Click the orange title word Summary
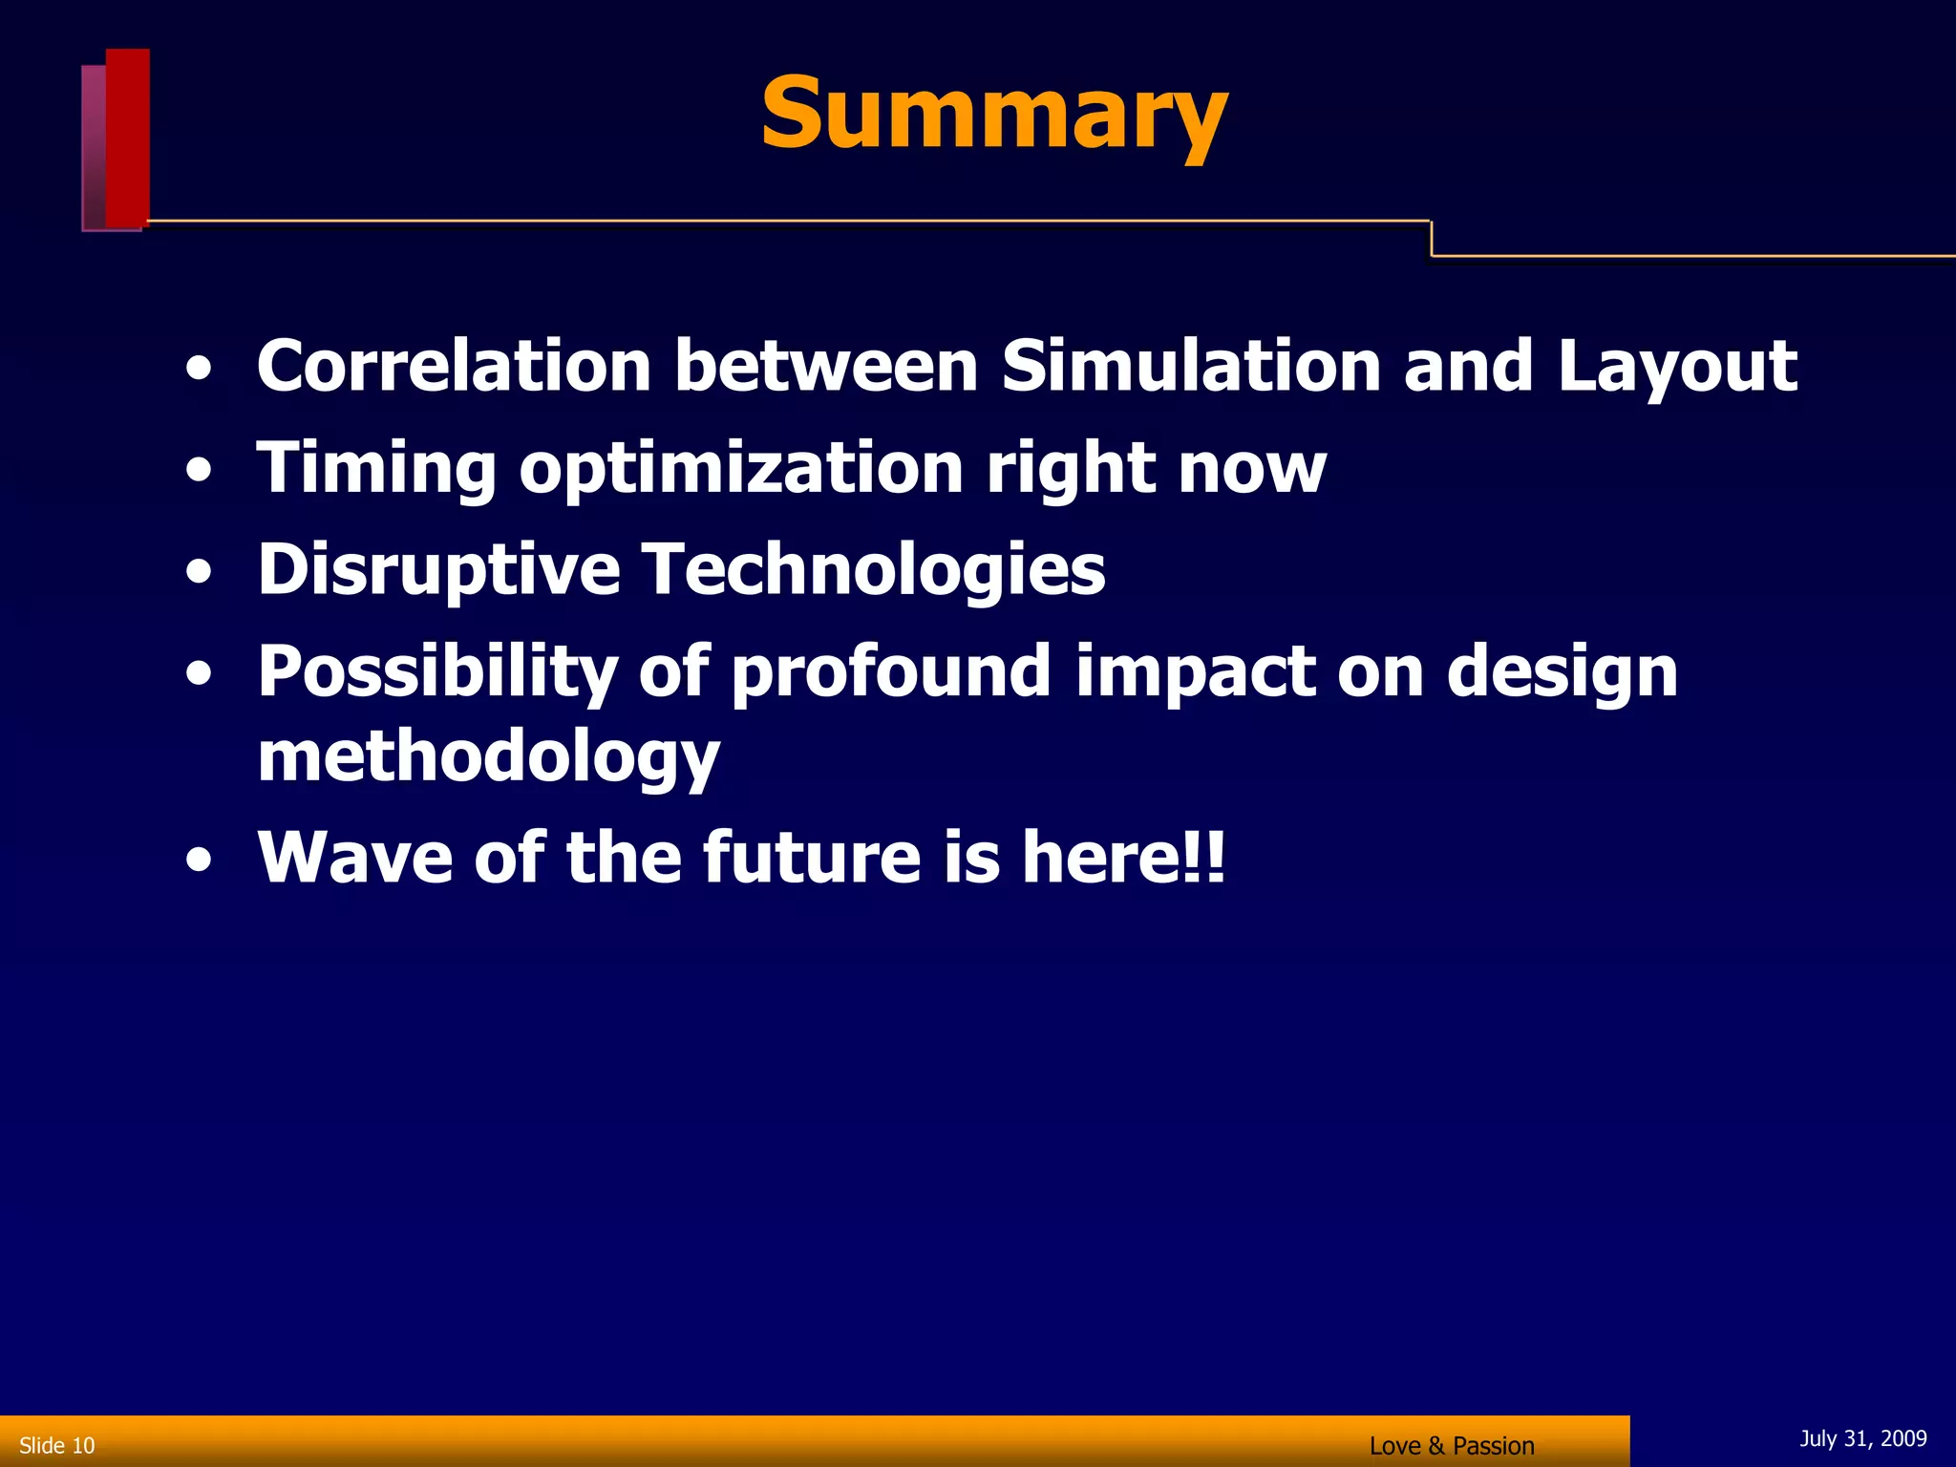coord(993,115)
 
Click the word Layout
coord(1677,368)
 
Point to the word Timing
coord(376,470)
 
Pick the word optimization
coord(741,470)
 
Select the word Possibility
coord(437,673)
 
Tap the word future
coord(812,857)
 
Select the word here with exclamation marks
coord(1123,857)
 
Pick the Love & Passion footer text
coord(1452,1446)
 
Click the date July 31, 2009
coord(1862,1438)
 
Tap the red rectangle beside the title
coord(127,138)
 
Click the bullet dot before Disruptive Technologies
coord(199,572)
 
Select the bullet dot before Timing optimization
coord(199,471)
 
